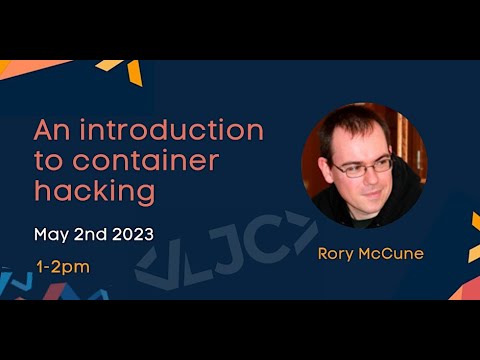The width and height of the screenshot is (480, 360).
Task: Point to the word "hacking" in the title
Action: [95, 191]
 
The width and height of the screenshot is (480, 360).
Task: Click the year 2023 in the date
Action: [133, 235]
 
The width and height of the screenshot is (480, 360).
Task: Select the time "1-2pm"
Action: [62, 267]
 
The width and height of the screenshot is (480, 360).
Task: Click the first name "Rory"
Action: [337, 254]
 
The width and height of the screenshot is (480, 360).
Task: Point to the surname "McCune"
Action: [392, 254]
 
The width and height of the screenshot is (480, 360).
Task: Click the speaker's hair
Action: [350, 125]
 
